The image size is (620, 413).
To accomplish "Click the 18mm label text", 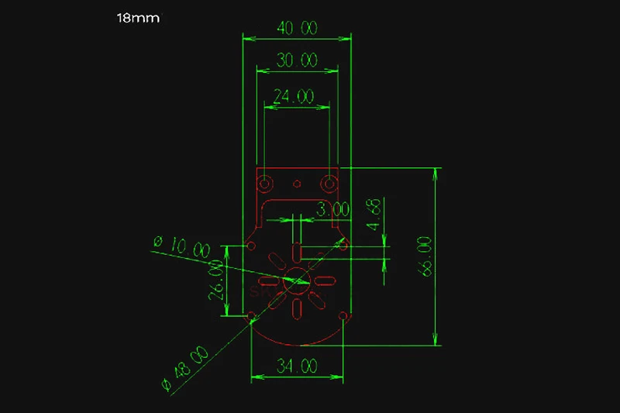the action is pos(138,18).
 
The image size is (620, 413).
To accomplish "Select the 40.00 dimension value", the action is pos(297,28).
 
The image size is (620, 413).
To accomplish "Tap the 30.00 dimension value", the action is pos(297,60).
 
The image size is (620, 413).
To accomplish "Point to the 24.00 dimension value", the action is pos(294,96).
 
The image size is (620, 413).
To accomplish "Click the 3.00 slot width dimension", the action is pos(333,209).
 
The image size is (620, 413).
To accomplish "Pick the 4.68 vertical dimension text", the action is pos(374,214).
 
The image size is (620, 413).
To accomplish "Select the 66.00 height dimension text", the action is pos(424,256).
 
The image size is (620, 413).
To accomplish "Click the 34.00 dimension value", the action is pos(297,366).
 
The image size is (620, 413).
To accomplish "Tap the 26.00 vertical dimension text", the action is pos(216,280).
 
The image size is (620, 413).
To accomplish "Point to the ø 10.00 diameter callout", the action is pos(182,246).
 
